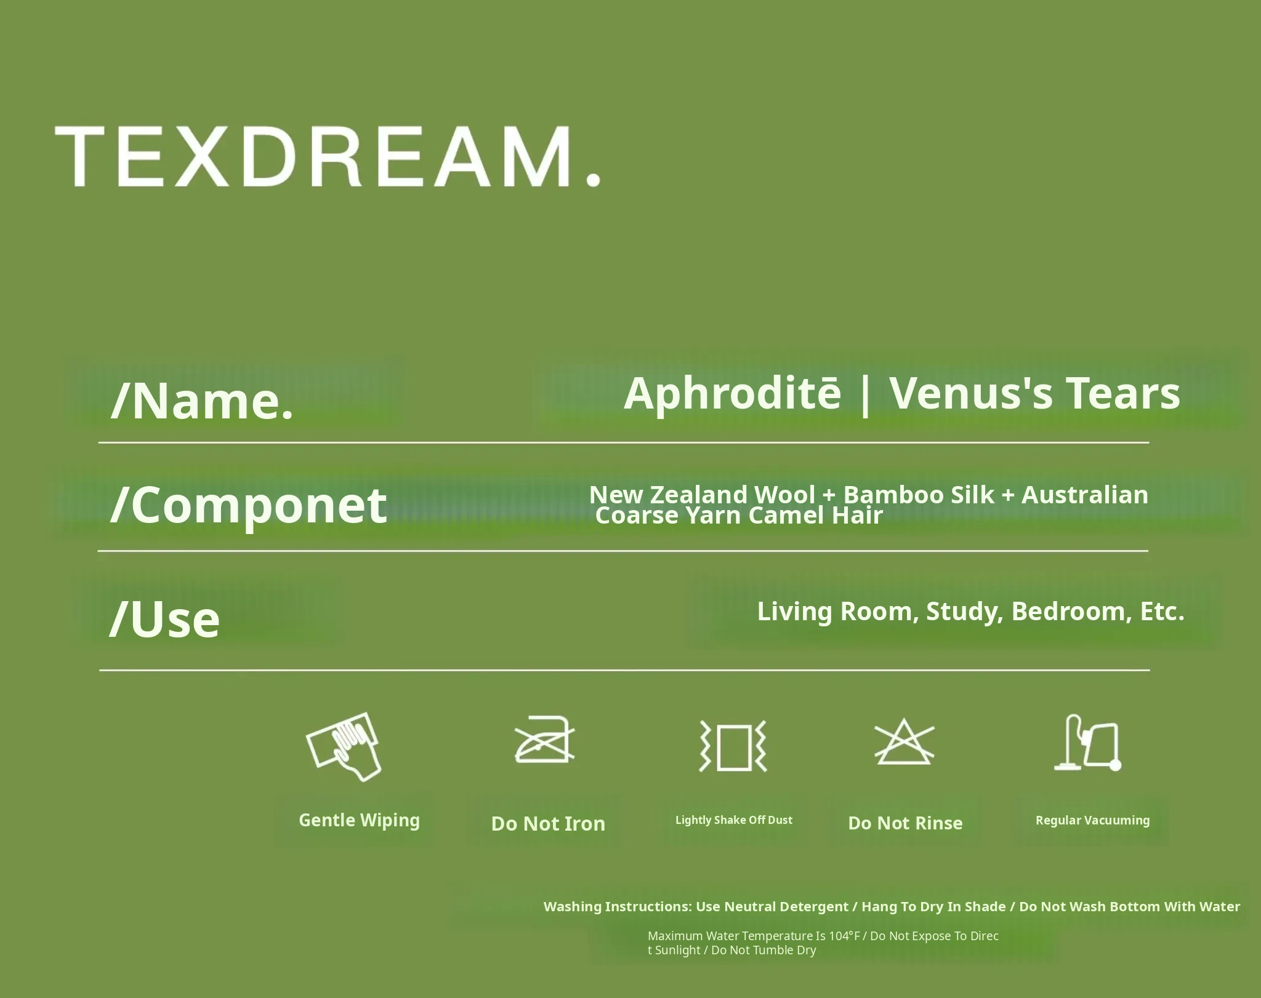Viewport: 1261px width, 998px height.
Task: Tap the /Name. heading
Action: pyautogui.click(x=202, y=401)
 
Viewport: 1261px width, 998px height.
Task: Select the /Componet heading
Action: pyautogui.click(x=249, y=506)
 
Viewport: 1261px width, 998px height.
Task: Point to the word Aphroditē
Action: pyautogui.click(x=732, y=394)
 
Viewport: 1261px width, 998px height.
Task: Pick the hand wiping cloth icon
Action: pyautogui.click(x=344, y=747)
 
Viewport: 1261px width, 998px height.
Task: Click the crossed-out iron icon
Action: pyautogui.click(x=545, y=739)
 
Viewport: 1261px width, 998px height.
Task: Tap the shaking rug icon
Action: pyautogui.click(x=733, y=746)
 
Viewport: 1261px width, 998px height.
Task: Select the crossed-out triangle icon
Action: pyautogui.click(x=904, y=741)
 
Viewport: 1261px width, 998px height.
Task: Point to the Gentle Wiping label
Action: pyautogui.click(x=360, y=821)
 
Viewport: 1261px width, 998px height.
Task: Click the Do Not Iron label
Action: pyautogui.click(x=548, y=823)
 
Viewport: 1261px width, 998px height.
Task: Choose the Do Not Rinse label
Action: pyautogui.click(x=905, y=823)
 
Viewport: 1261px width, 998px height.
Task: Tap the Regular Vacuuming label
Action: pyautogui.click(x=1093, y=820)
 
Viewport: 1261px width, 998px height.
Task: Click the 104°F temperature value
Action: pyautogui.click(x=844, y=936)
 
